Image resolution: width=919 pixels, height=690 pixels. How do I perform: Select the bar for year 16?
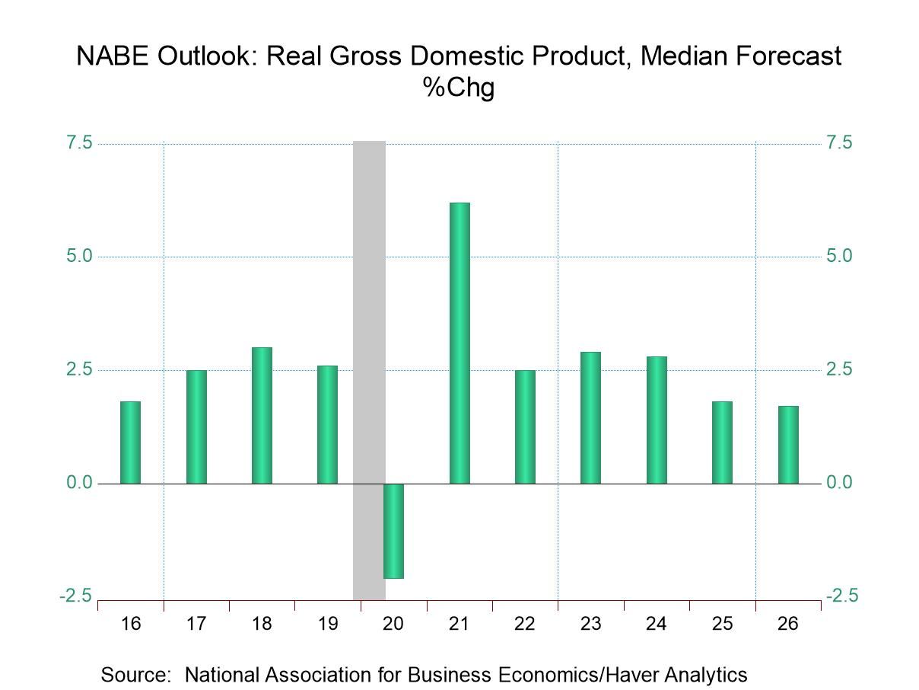pyautogui.click(x=131, y=442)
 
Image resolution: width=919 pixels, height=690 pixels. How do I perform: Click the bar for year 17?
pyautogui.click(x=196, y=426)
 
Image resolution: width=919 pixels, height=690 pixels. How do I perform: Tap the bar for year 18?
pyautogui.click(x=262, y=415)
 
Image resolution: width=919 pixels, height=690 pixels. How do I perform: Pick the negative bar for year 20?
pyautogui.click(x=393, y=531)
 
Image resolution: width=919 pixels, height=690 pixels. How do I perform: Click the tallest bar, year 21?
pyautogui.click(x=459, y=343)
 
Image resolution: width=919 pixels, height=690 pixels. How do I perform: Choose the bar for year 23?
pyautogui.click(x=590, y=417)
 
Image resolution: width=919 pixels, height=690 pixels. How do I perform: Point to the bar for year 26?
pyautogui.click(x=788, y=445)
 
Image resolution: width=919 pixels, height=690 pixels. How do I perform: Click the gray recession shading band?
pyautogui.click(x=369, y=305)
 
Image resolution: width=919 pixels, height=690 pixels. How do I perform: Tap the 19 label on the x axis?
pyautogui.click(x=327, y=625)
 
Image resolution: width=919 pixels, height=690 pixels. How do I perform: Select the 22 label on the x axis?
pyautogui.click(x=525, y=625)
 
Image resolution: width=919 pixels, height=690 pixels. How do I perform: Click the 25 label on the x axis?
pyautogui.click(x=722, y=625)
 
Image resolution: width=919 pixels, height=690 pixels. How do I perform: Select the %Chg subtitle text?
pyautogui.click(x=459, y=88)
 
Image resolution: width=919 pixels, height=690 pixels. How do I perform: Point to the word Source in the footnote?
pyautogui.click(x=138, y=674)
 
